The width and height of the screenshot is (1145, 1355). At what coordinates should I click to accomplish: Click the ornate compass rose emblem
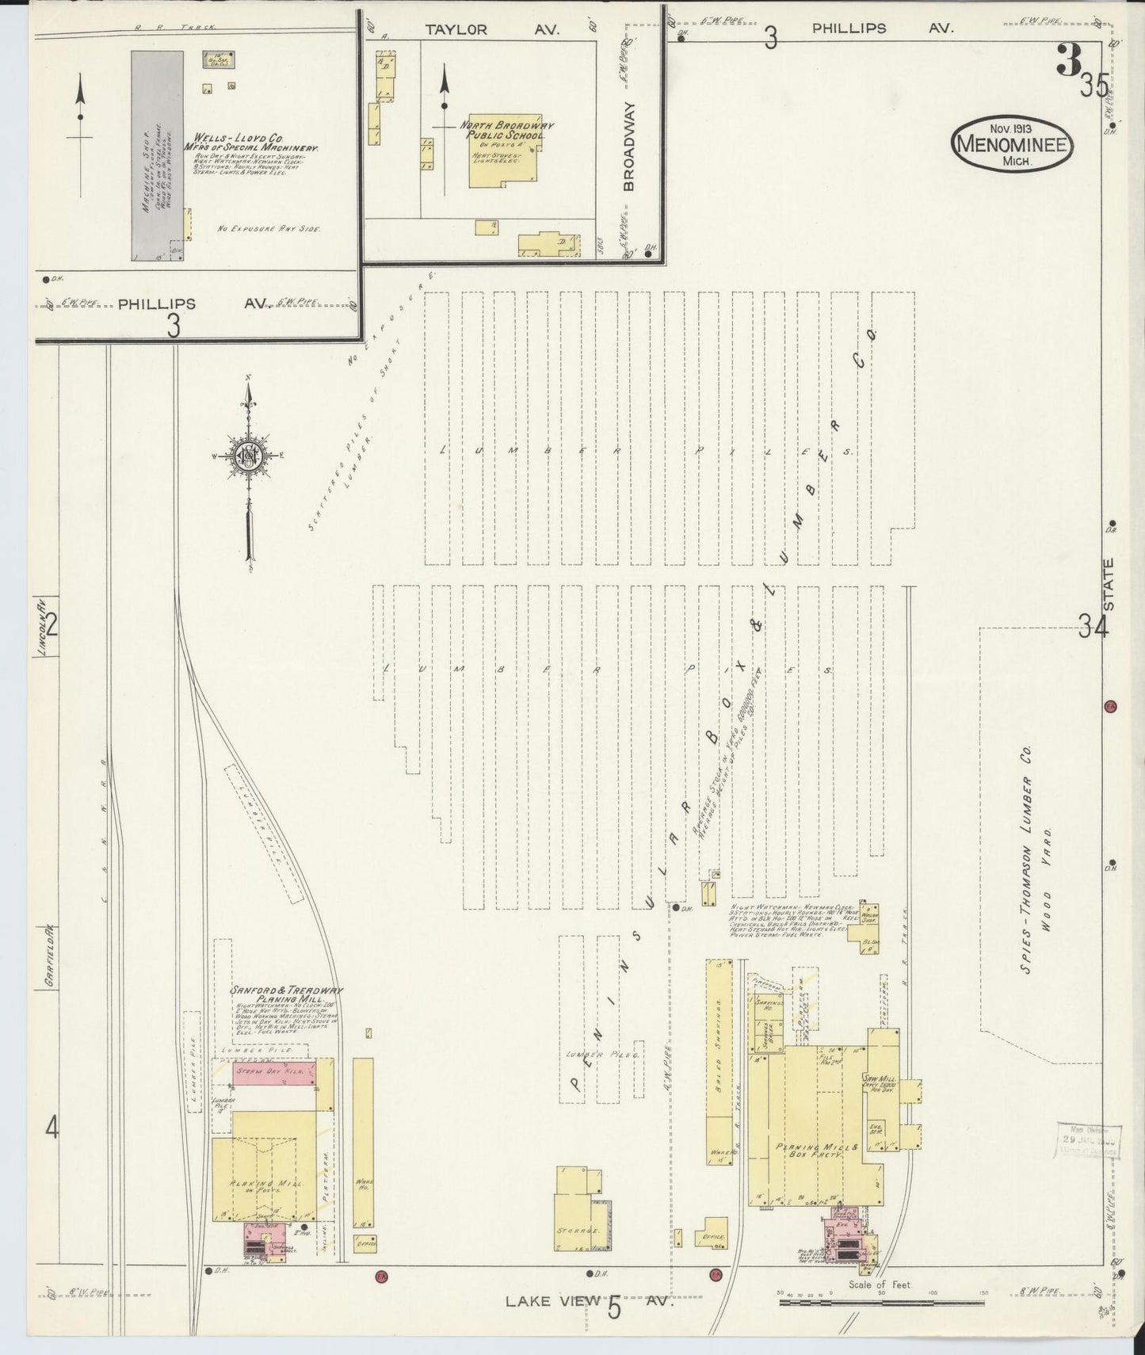pyautogui.click(x=248, y=456)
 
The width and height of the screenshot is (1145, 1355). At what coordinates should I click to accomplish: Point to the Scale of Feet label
pyautogui.click(x=880, y=1284)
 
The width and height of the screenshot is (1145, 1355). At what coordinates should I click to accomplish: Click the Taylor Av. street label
pyautogui.click(x=491, y=29)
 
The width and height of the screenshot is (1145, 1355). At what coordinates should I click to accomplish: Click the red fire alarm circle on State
pyautogui.click(x=1109, y=705)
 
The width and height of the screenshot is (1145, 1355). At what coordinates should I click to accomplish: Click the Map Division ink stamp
pyautogui.click(x=1089, y=1139)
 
